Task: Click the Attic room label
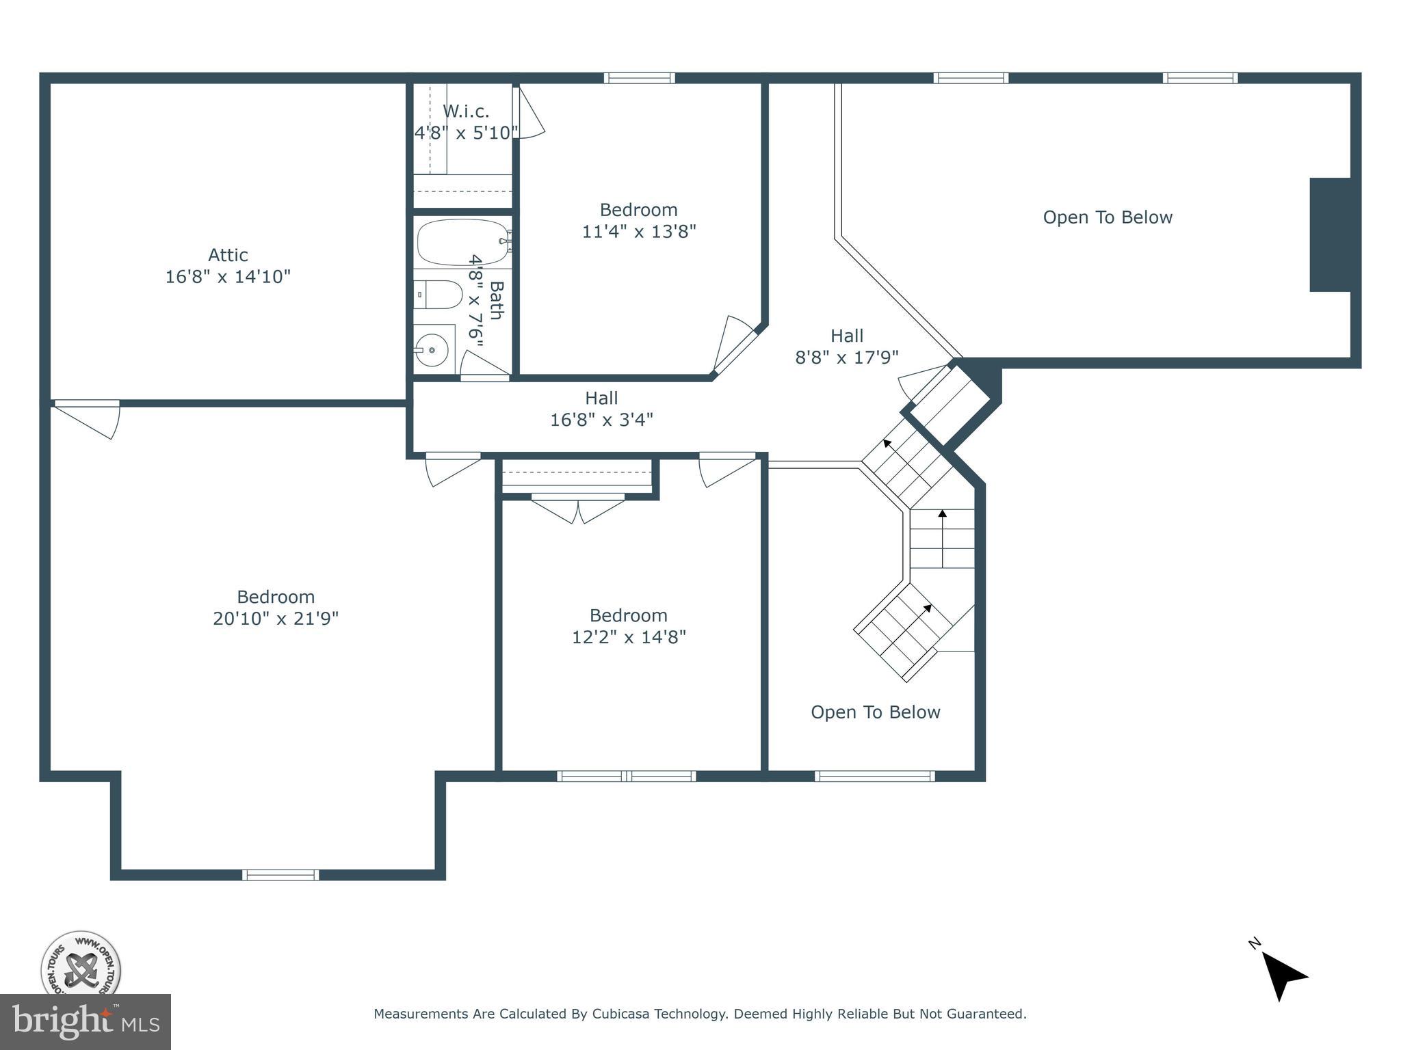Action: [x=228, y=255]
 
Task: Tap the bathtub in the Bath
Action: [x=462, y=242]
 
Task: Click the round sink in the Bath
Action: [x=432, y=350]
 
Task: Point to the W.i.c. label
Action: [x=466, y=111]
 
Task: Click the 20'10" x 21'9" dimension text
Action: [x=276, y=619]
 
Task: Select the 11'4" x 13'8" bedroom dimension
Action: [x=639, y=232]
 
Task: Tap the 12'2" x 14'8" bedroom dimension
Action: [x=629, y=637]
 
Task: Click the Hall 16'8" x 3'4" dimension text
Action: [x=601, y=420]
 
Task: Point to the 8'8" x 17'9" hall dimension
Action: [x=846, y=358]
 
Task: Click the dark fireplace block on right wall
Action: [x=1330, y=234]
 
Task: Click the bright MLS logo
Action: [x=86, y=1021]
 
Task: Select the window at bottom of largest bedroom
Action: [x=280, y=874]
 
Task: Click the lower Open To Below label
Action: [x=875, y=712]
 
